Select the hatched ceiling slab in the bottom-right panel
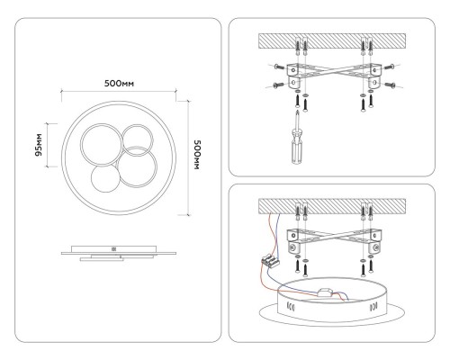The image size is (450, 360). click(332, 206)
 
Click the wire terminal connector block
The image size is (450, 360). click(271, 262)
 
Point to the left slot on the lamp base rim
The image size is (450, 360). click(291, 309)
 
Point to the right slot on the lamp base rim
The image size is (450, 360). click(373, 309)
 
